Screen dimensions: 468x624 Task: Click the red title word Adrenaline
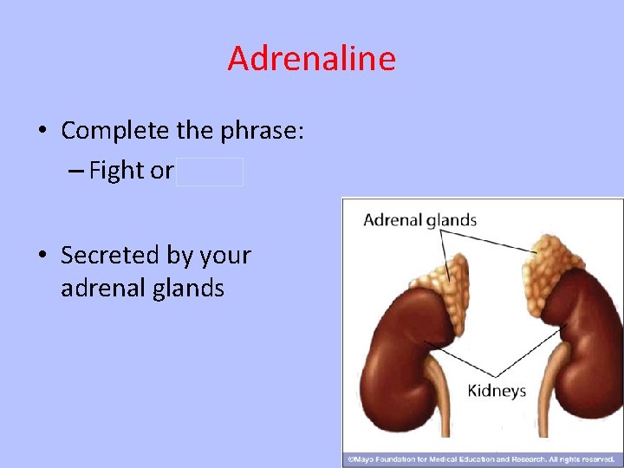tap(311, 59)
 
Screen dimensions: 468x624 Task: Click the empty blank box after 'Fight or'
tap(211, 172)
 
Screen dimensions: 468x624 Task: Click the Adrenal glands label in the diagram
tap(419, 220)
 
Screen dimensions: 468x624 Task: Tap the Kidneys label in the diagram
tap(497, 391)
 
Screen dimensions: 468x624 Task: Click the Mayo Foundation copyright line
tap(481, 458)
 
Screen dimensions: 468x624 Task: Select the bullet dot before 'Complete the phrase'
tap(42, 132)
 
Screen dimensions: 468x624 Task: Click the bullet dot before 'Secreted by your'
tap(42, 257)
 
